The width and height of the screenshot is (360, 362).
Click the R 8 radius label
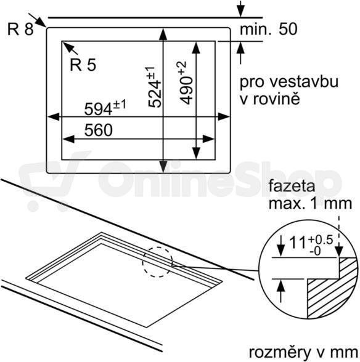point(20,29)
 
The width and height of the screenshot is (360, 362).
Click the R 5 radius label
point(83,65)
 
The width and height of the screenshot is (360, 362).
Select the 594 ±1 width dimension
point(105,108)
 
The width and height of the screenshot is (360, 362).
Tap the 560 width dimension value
point(99,131)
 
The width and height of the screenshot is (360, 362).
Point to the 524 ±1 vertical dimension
point(153,87)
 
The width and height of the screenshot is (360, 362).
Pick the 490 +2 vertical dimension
point(186,83)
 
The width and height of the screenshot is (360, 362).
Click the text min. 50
point(268,29)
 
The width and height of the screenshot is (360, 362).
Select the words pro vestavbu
point(289,82)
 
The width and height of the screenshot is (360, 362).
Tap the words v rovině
point(270,99)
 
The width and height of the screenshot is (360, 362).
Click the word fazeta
point(292,186)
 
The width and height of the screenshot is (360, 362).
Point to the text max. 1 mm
point(310,203)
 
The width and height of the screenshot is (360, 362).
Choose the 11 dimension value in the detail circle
point(298,243)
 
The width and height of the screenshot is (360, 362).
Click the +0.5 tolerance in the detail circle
point(320,240)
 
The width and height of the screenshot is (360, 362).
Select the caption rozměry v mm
point(303,353)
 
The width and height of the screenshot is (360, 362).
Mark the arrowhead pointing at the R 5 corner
point(67,46)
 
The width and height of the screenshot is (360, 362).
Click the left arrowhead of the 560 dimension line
point(68,139)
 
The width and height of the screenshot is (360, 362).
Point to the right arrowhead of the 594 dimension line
point(224,117)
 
